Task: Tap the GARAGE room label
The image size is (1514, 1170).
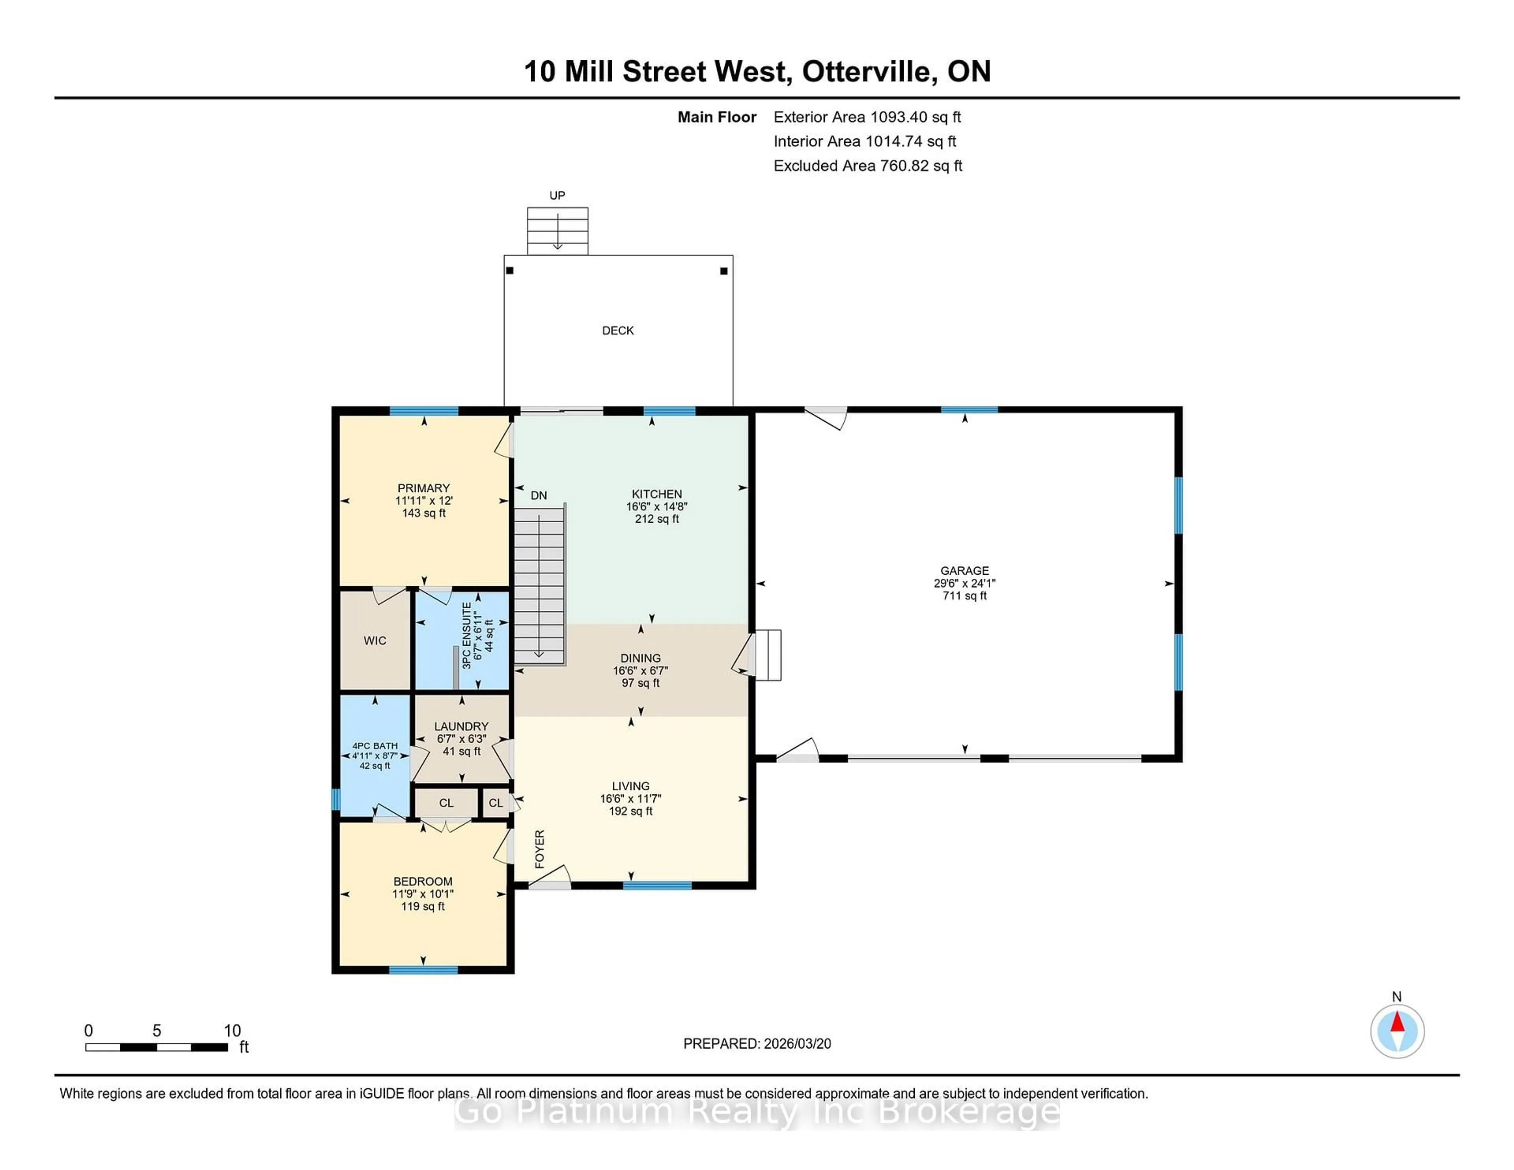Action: tap(964, 570)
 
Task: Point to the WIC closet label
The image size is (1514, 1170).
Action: tap(375, 641)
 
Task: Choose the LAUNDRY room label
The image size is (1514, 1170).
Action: tap(461, 727)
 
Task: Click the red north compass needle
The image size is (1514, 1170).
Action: tap(1397, 1022)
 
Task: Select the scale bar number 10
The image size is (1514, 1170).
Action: tap(232, 1031)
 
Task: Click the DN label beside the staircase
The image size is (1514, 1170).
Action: tap(539, 496)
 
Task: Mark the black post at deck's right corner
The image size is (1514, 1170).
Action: tap(724, 271)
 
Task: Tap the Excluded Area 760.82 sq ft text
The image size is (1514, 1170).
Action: tap(867, 166)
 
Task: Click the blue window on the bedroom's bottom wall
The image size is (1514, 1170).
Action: tap(423, 970)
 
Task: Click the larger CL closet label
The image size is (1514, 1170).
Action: tap(446, 803)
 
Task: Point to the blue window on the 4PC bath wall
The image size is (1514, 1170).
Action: tap(336, 799)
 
